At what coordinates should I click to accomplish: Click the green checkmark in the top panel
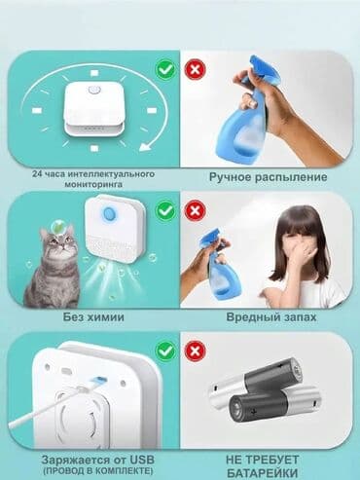(165, 69)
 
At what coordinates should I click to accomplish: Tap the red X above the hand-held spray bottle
(195, 69)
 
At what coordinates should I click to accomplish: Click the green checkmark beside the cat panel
(165, 210)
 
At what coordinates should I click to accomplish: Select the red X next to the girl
(195, 210)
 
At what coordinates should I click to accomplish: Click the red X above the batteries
(195, 351)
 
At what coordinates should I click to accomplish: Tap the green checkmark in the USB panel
(165, 351)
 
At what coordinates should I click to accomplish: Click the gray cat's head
(59, 241)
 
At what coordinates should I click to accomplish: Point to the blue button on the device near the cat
(109, 213)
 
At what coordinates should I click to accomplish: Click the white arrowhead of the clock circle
(147, 146)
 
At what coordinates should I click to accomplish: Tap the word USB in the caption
(142, 460)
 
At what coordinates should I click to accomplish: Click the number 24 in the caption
(37, 174)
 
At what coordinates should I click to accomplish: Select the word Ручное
(230, 177)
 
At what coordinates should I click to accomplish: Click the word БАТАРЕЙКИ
(262, 472)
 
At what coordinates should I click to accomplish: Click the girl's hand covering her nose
(296, 252)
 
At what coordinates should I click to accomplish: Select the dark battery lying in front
(275, 404)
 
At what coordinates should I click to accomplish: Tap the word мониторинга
(93, 184)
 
